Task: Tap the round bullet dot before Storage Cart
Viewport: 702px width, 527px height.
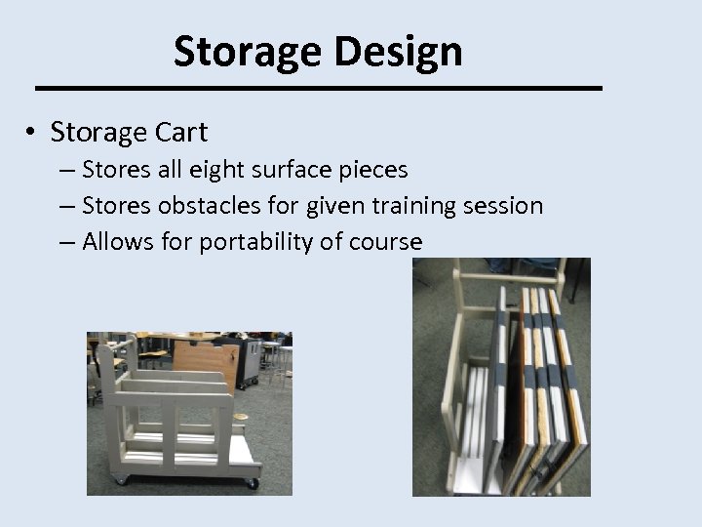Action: (x=32, y=132)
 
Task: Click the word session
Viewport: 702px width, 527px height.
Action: (x=505, y=206)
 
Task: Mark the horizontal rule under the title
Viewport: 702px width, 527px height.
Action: (x=319, y=88)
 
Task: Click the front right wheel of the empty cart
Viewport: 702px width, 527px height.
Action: (x=252, y=481)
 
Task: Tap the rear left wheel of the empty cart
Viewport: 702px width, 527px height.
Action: (x=120, y=478)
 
